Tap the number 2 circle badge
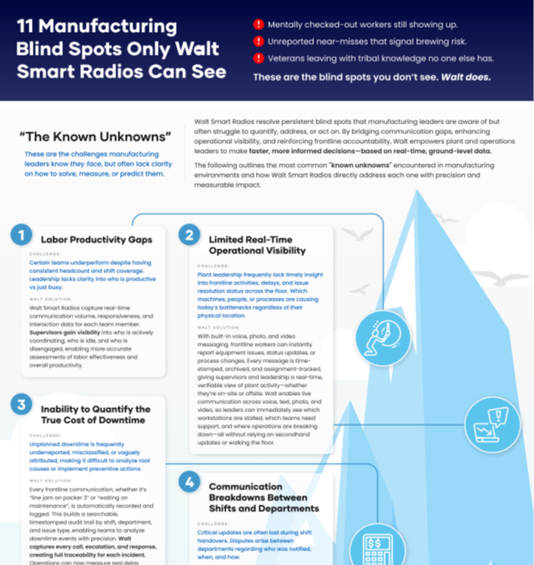tap(189, 235)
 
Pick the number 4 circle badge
tap(189, 482)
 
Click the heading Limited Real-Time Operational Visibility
tap(257, 244)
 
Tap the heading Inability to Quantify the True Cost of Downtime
tap(96, 415)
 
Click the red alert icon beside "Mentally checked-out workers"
tap(258, 25)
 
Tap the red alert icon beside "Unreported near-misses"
tap(258, 41)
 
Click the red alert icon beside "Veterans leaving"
tap(258, 58)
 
